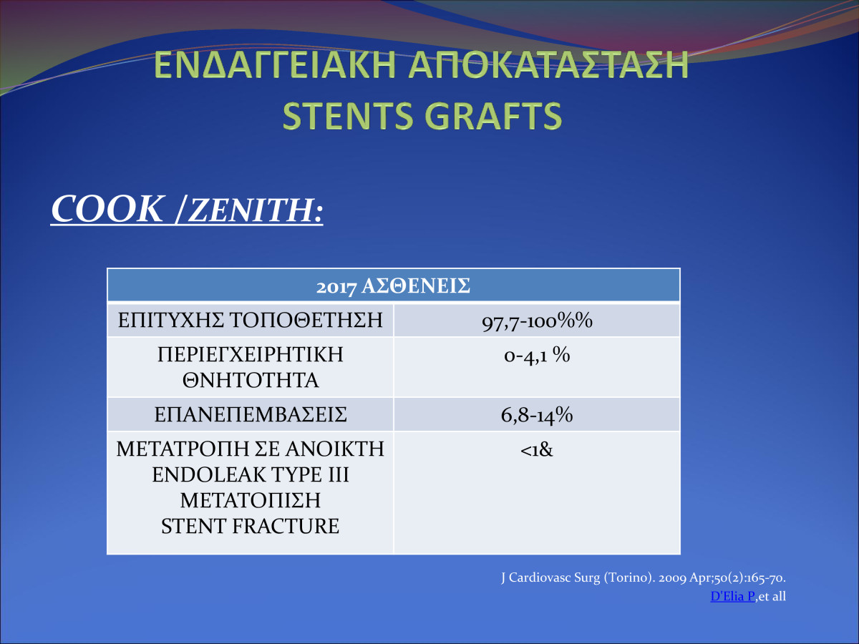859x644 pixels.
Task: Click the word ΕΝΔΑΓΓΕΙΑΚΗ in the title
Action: click(275, 64)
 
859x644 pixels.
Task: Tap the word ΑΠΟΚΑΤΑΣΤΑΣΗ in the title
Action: click(548, 64)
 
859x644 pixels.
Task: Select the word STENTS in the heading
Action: click(347, 116)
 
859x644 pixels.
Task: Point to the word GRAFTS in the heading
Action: click(493, 116)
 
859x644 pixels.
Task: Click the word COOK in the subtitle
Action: click(107, 209)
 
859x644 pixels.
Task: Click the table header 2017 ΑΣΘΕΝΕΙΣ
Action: click(393, 286)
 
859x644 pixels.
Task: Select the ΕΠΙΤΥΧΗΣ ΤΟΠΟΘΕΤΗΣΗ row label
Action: click(250, 320)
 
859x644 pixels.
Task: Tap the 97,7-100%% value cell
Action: click(537, 321)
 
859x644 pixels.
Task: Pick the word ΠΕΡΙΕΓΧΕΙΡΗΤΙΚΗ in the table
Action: click(250, 354)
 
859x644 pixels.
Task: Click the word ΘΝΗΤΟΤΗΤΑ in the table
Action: click(251, 380)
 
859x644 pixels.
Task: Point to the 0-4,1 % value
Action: click(537, 356)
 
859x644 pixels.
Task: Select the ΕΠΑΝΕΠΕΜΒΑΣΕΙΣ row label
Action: click(251, 414)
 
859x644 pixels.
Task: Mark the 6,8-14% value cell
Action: click(537, 415)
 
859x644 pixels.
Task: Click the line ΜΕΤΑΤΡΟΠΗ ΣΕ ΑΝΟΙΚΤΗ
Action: click(250, 449)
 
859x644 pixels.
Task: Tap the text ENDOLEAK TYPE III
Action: click(250, 474)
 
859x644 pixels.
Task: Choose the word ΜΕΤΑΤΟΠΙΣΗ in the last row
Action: click(250, 500)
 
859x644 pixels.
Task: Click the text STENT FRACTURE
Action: click(250, 526)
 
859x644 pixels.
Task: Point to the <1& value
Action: click(537, 450)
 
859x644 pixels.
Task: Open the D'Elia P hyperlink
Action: click(732, 596)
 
